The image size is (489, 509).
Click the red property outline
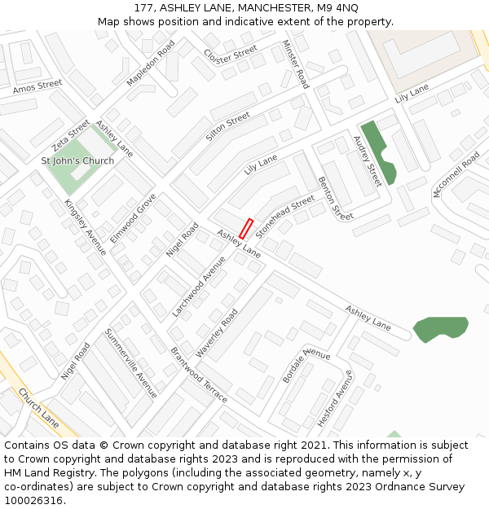point(246,229)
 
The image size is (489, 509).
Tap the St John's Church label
point(77,160)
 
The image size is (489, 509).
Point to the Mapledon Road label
point(151,64)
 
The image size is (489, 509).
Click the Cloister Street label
point(231,55)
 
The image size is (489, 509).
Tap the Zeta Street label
point(71,135)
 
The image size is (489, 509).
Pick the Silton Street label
point(228,126)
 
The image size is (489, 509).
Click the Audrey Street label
point(368,161)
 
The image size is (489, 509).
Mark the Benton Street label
point(336,198)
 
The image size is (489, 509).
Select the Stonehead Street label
point(284,216)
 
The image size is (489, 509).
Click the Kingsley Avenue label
point(85,227)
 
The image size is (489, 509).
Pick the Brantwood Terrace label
point(199,375)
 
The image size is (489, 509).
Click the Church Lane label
point(39,408)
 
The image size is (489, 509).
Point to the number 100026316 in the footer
point(33,500)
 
